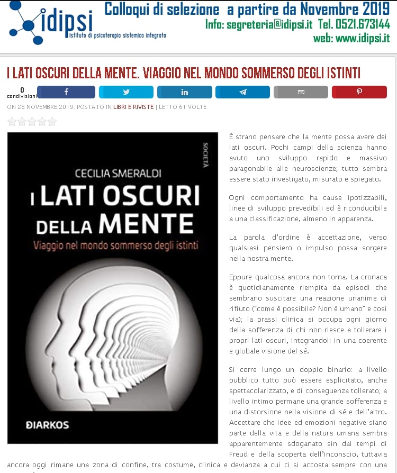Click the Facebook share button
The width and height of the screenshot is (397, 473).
[66, 92]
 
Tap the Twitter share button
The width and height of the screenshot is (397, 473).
[126, 92]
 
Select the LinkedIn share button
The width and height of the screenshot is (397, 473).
[184, 92]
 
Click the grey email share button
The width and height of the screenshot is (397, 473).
[301, 92]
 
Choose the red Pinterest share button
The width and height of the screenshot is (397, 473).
[359, 92]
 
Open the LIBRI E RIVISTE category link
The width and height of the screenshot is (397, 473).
[133, 107]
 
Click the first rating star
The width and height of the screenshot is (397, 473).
[12, 122]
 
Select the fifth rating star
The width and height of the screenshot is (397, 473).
[52, 122]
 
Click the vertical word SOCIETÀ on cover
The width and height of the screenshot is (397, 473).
[205, 154]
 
